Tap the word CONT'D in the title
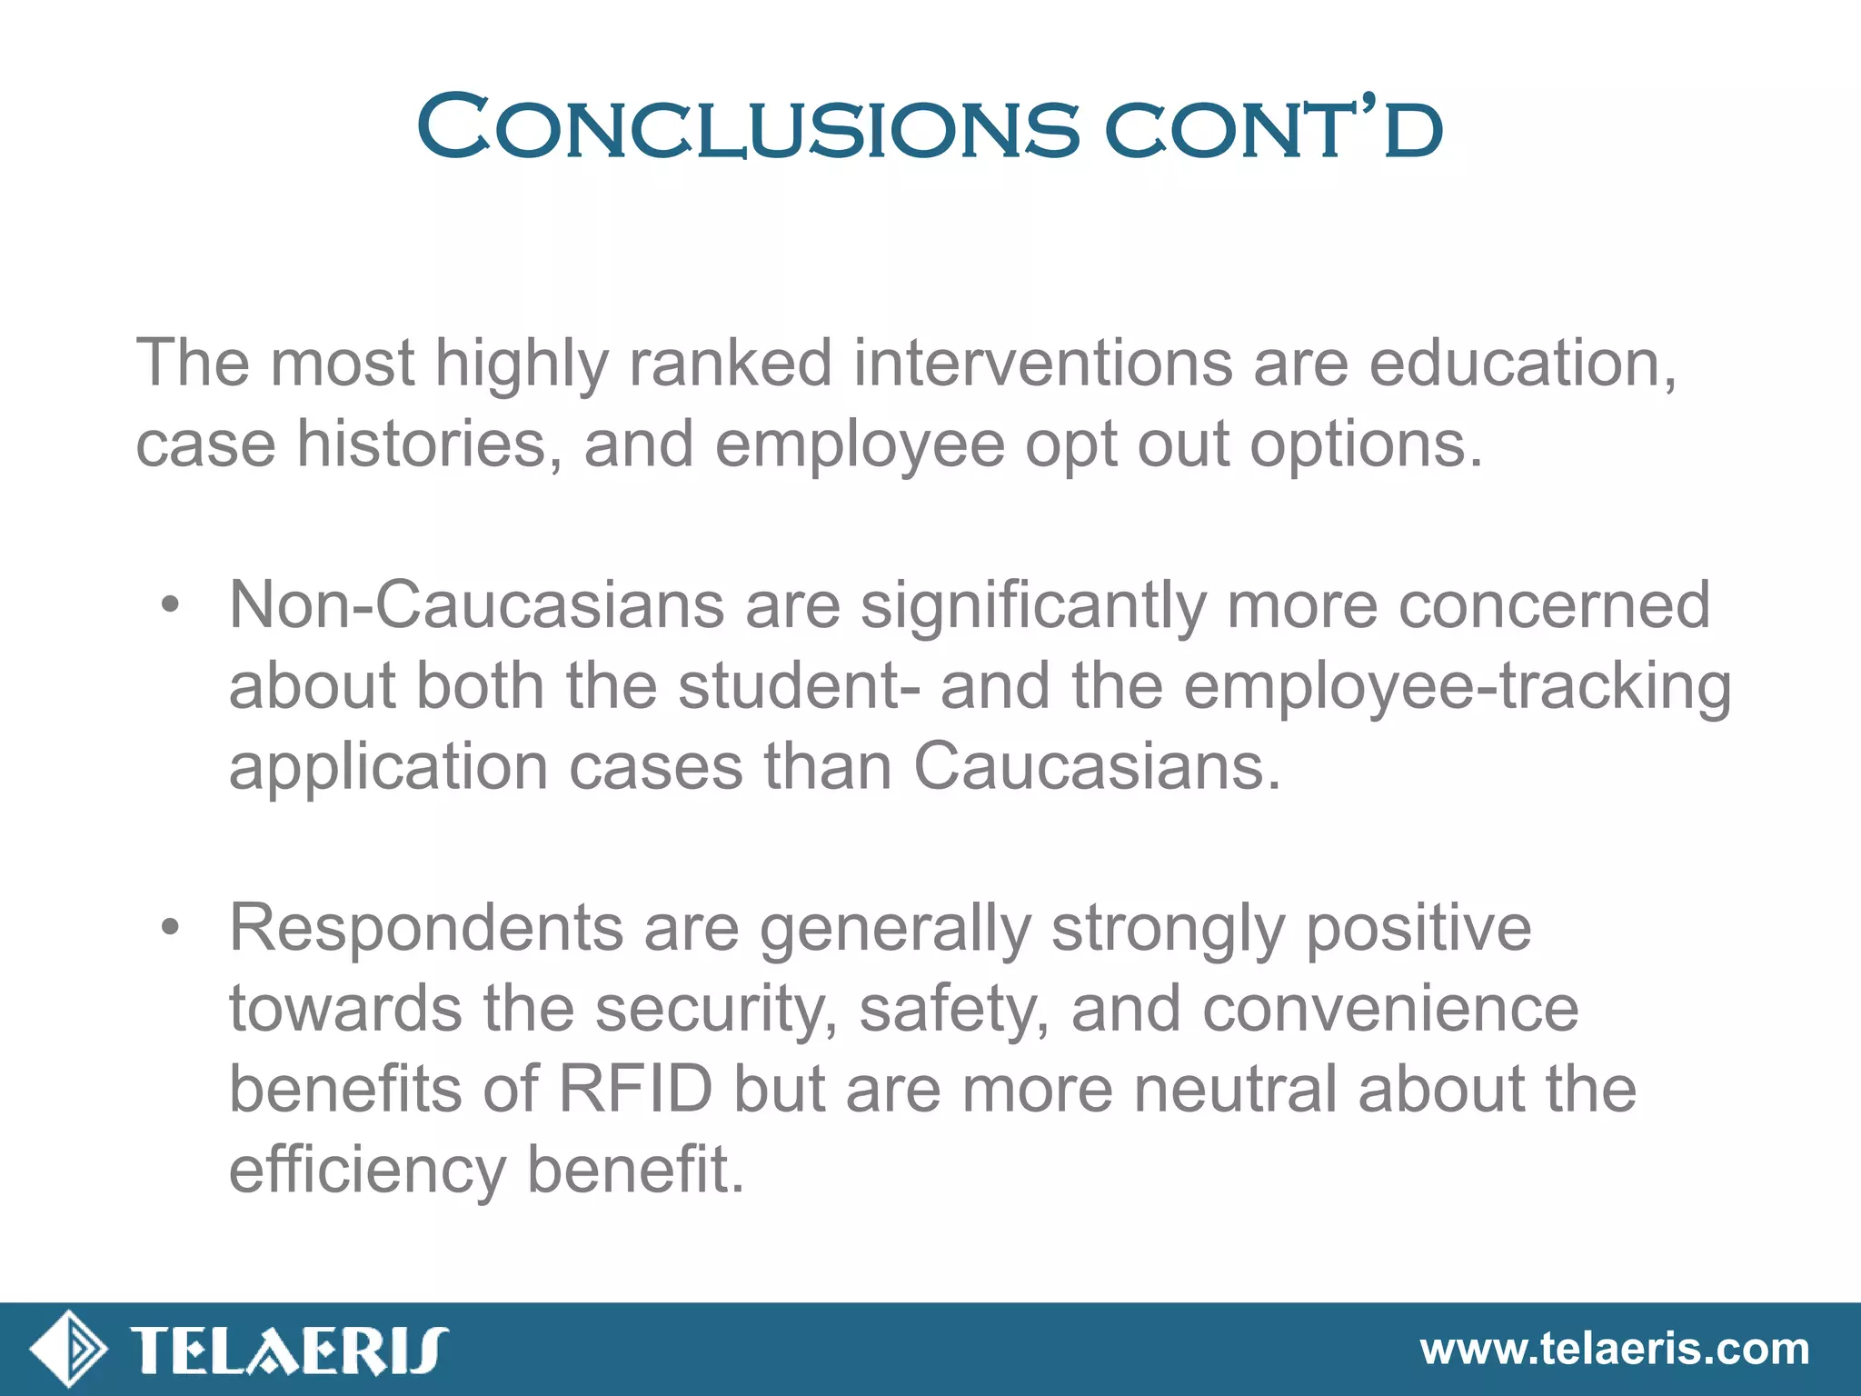[x=1273, y=130]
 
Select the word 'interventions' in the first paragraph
[x=1042, y=364]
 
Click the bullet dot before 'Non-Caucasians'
[x=170, y=605]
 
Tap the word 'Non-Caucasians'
[x=476, y=605]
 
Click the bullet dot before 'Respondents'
[x=170, y=928]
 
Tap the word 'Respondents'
[x=426, y=928]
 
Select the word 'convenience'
[x=1390, y=1009]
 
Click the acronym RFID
[x=635, y=1089]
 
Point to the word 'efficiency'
[x=367, y=1171]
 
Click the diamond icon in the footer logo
[x=69, y=1349]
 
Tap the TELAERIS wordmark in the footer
[x=289, y=1350]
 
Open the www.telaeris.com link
[x=1615, y=1350]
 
